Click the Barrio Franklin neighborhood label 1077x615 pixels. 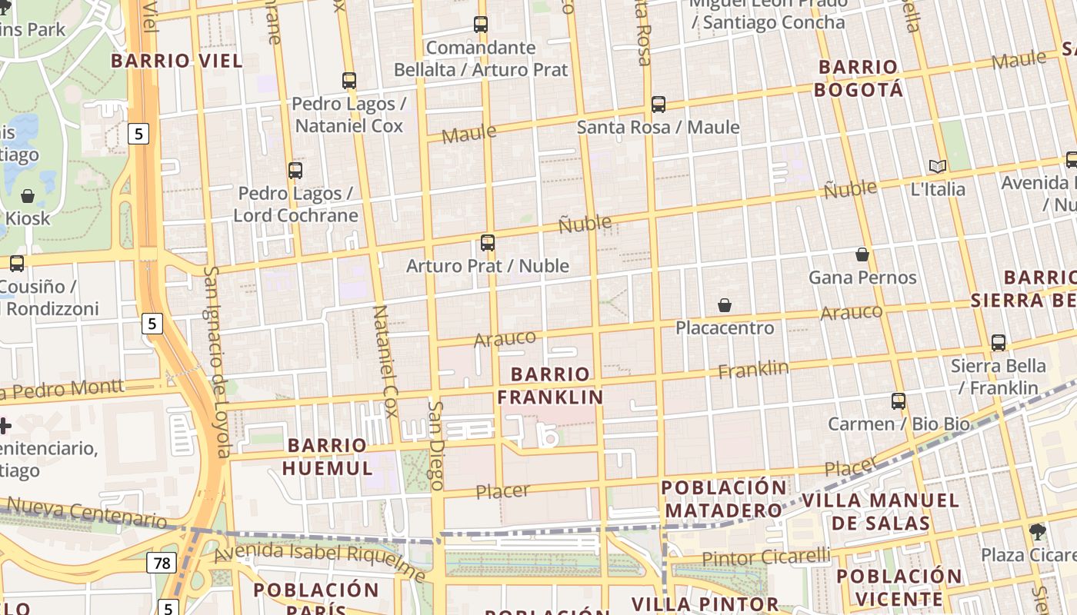[549, 386]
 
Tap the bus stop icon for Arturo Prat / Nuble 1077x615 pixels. [487, 243]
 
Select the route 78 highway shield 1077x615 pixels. [162, 563]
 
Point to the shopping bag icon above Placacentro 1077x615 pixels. [724, 305]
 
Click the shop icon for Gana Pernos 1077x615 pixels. [862, 254]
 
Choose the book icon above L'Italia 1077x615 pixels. [937, 166]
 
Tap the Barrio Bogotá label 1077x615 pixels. [858, 78]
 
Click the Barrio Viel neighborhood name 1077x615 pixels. [176, 61]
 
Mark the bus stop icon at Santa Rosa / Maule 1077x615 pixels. [658, 104]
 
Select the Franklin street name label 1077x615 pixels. [753, 370]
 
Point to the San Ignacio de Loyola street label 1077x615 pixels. [217, 361]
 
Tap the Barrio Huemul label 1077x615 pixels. [327, 457]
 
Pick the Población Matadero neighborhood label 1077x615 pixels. [724, 499]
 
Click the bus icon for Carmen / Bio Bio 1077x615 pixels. [898, 401]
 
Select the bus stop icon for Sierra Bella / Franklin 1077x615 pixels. [998, 343]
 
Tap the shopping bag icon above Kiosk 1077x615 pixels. [28, 196]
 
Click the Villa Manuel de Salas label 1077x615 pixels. [881, 512]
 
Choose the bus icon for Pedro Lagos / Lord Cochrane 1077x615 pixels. [295, 171]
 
